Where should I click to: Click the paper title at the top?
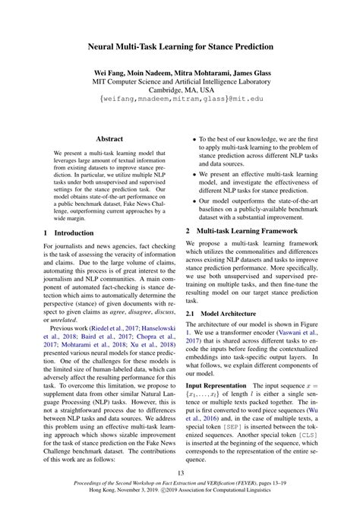coord(179,47)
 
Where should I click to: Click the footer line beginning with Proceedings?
coord(179,490)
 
